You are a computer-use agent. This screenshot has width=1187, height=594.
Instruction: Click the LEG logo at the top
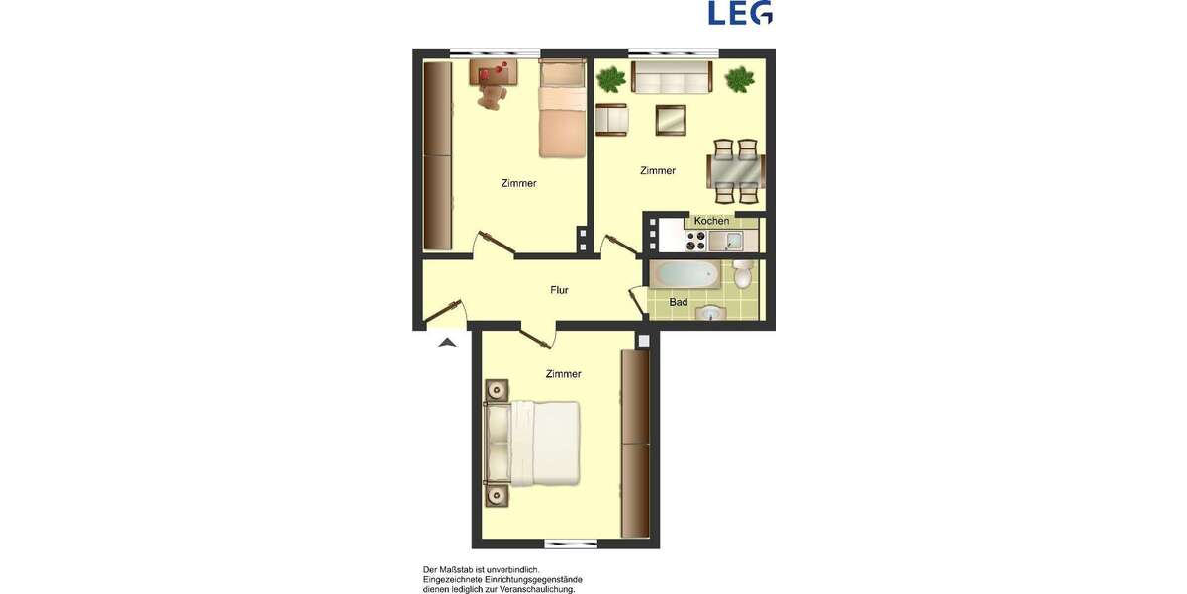click(x=740, y=12)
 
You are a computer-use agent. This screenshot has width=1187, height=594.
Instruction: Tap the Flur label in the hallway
click(x=559, y=290)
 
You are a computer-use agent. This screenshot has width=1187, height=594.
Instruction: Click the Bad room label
click(x=679, y=302)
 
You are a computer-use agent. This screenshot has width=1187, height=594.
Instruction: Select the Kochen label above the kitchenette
click(x=711, y=220)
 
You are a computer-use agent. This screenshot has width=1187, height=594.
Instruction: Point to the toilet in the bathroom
click(x=743, y=275)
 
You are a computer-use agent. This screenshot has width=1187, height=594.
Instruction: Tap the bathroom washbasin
click(x=711, y=314)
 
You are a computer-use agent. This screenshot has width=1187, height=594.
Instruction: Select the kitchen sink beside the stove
click(x=718, y=241)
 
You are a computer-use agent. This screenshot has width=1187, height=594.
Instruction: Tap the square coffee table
click(x=670, y=120)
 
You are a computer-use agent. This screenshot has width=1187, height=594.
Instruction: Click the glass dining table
click(x=734, y=170)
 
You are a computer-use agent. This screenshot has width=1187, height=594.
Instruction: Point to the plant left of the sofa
click(x=611, y=76)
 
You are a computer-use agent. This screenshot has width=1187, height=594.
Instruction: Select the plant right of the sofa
click(x=739, y=78)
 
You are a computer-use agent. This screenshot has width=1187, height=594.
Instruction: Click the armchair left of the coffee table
click(x=611, y=120)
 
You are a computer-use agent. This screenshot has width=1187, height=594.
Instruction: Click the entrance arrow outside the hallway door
click(x=447, y=343)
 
